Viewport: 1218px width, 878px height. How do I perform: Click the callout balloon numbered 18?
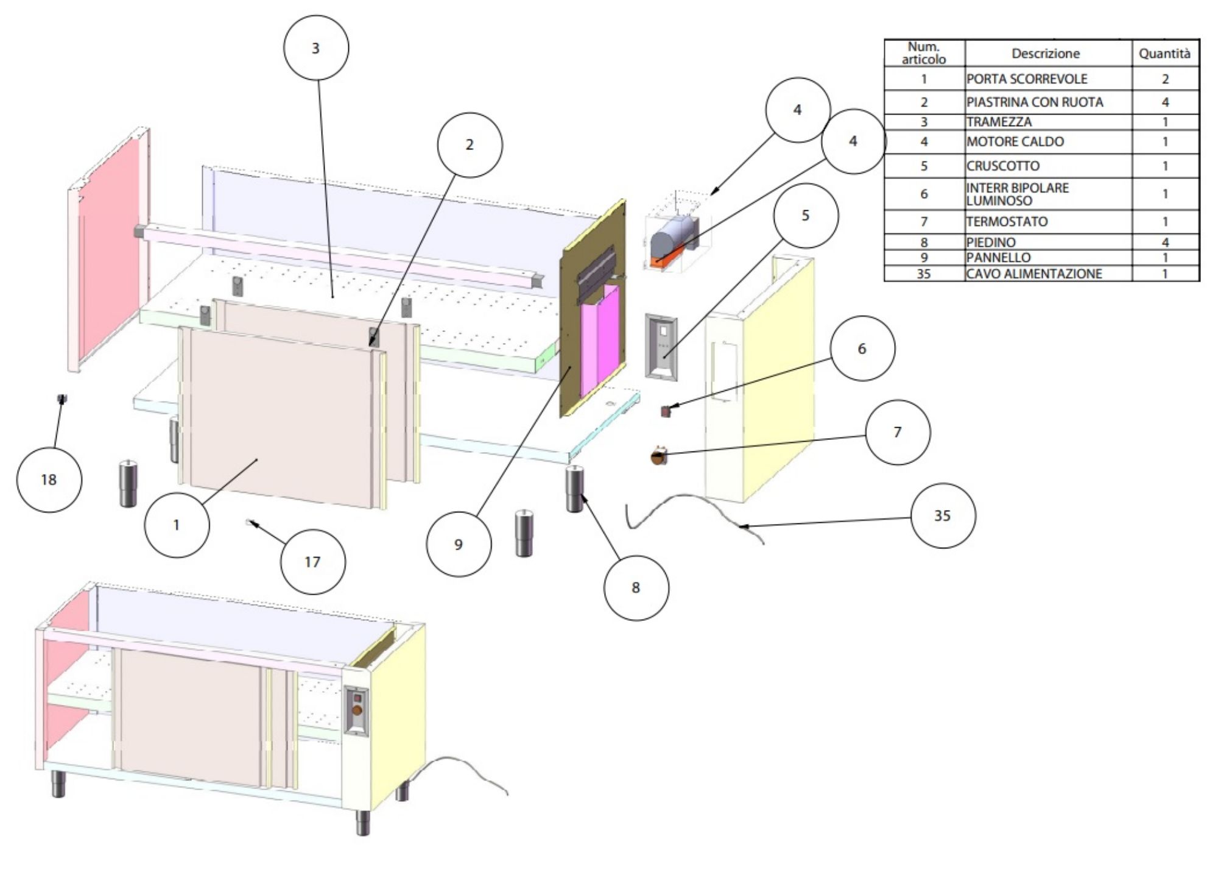click(x=49, y=480)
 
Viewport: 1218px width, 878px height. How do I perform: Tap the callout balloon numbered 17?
click(x=312, y=562)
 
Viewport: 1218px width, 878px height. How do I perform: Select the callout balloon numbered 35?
click(x=942, y=515)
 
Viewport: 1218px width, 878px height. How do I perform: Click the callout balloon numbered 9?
click(x=459, y=544)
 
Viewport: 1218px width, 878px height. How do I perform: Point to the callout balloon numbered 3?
click(x=315, y=48)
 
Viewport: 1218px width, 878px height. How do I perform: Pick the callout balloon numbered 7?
click(x=897, y=432)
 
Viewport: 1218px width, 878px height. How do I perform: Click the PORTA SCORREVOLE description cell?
click(x=1047, y=79)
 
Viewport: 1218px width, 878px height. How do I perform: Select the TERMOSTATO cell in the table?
click(x=1047, y=222)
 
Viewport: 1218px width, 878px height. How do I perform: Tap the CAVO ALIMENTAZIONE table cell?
click(x=1047, y=274)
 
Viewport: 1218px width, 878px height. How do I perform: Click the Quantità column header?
click(x=1164, y=54)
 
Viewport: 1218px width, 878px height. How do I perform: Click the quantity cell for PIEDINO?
click(x=1165, y=242)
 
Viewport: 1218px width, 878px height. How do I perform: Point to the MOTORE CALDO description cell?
click(x=1047, y=142)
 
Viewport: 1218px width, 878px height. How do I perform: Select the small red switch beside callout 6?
click(x=666, y=411)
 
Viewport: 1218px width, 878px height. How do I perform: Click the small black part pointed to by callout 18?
click(x=62, y=398)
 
